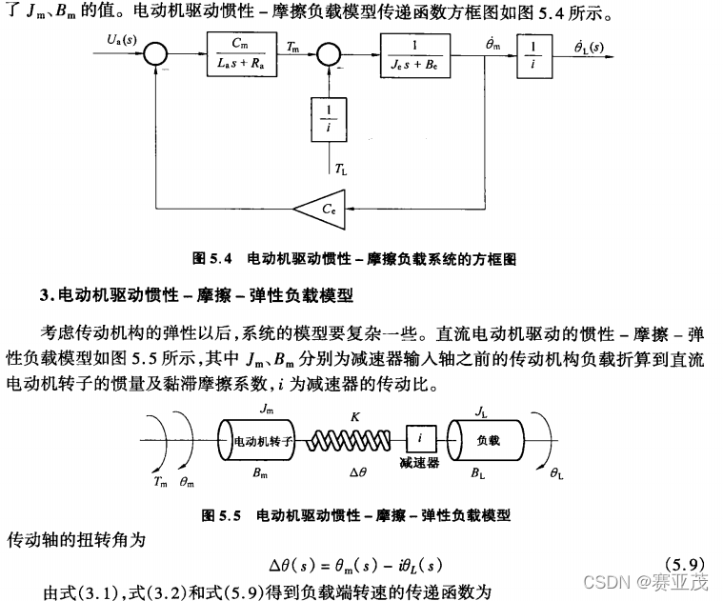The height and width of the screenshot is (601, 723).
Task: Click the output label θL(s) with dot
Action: click(x=592, y=44)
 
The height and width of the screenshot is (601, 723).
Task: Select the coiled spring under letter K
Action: click(x=354, y=441)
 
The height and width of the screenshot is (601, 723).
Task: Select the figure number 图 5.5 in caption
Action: click(x=221, y=515)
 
